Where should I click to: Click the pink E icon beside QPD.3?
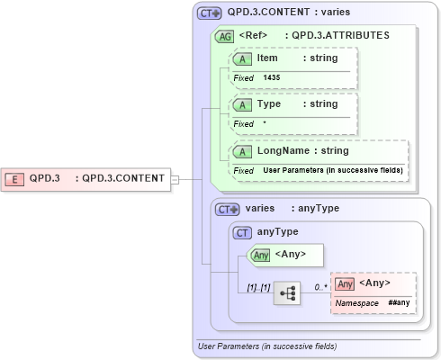[x=15, y=178]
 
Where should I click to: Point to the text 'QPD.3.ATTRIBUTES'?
[x=337, y=36]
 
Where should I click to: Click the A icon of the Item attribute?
[x=242, y=58]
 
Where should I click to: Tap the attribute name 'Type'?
[x=269, y=104]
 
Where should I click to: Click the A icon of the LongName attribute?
[x=242, y=151]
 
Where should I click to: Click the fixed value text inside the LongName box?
[x=332, y=170]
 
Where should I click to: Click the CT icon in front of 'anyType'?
[x=242, y=232]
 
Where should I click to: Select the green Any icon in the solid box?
[x=261, y=255]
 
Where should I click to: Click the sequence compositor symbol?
[x=287, y=293]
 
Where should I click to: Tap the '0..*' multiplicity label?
[x=319, y=286]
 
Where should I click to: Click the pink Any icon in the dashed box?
[x=345, y=284]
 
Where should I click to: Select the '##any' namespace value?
[x=400, y=304]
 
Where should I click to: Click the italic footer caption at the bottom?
[x=266, y=346]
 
